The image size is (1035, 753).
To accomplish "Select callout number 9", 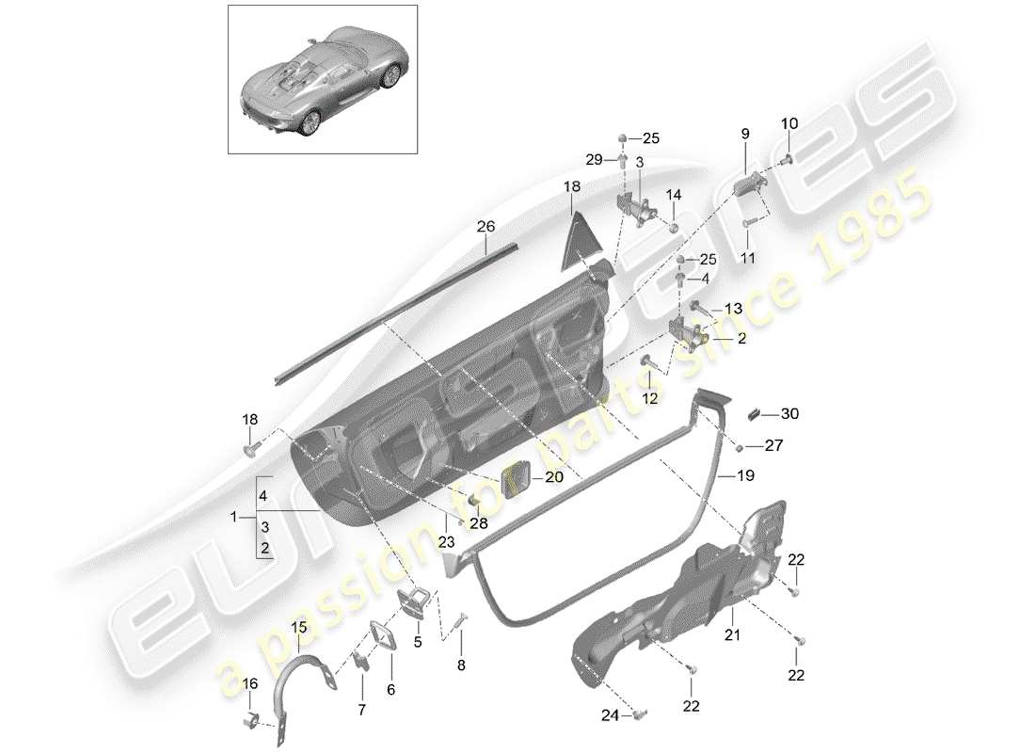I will (x=744, y=135).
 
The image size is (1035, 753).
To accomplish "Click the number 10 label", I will (x=788, y=123).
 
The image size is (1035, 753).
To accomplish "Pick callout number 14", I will (x=674, y=195).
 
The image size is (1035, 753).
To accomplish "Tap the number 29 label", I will (x=594, y=160).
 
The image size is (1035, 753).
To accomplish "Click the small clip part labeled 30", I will (x=756, y=411).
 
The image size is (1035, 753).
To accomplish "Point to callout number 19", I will (x=745, y=477).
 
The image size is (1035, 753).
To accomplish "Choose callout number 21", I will (x=733, y=636).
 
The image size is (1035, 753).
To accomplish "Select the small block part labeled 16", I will (x=251, y=723).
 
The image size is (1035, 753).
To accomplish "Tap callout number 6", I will (x=391, y=689).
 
